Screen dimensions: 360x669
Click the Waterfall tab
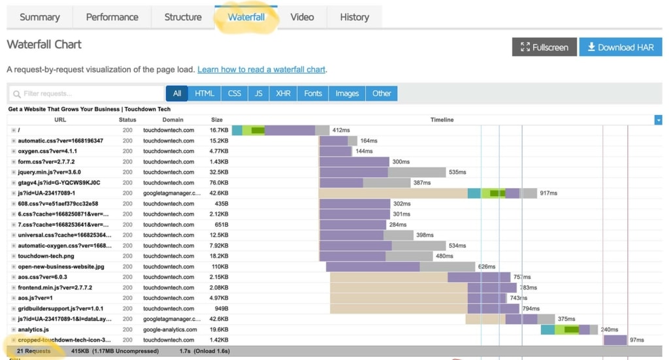[x=246, y=17]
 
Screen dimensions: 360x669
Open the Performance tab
[x=112, y=17]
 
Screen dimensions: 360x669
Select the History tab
[x=354, y=17]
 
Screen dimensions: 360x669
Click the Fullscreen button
[x=544, y=47]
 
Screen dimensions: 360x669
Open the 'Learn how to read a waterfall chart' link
[x=261, y=69]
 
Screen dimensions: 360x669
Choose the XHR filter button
[x=283, y=93]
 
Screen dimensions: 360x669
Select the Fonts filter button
[x=313, y=93]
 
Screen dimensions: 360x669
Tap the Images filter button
[x=347, y=93]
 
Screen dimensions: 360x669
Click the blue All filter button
[x=177, y=93]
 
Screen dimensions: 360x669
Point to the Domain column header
[x=172, y=120]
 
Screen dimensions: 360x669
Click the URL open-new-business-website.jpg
[x=61, y=267]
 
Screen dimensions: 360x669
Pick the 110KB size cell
[x=220, y=267]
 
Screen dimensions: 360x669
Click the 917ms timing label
[x=548, y=193]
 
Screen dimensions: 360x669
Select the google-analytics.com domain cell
[x=170, y=329]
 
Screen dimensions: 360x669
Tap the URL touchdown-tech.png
[x=46, y=256]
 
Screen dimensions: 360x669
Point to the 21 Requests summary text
[x=33, y=352]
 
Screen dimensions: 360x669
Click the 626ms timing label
[x=487, y=267]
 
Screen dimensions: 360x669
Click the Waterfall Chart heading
[x=44, y=45]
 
